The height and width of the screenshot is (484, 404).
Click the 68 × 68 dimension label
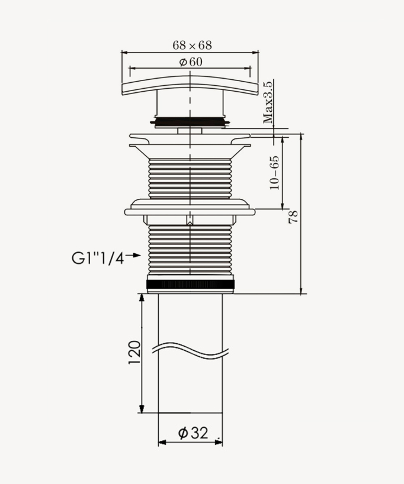191,45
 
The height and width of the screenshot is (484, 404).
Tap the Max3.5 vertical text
269,102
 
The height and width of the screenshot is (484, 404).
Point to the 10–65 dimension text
274,173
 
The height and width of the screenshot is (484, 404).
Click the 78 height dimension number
293,217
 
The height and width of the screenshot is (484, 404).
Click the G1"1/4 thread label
97,258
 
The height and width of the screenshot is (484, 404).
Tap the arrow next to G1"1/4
133,256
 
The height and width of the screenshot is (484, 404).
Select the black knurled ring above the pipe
190,285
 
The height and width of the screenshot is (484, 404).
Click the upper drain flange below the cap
190,140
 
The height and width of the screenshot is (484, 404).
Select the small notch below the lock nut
190,221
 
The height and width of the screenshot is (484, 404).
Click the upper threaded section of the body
190,178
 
